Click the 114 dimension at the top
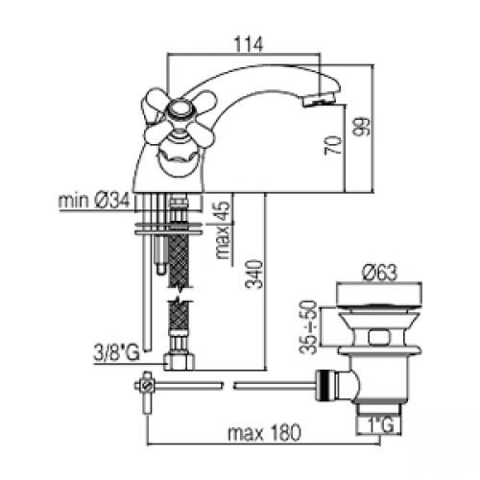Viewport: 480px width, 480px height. point(249,44)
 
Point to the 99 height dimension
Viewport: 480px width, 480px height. point(362,127)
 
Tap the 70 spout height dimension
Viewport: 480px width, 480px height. point(333,146)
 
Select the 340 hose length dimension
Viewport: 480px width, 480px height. point(254,274)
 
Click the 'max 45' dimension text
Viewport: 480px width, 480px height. point(223,229)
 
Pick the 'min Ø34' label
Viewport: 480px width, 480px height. point(94,201)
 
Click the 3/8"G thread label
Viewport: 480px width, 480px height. point(116,353)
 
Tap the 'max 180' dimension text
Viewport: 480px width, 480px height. point(264,433)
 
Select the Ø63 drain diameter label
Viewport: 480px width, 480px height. point(379,273)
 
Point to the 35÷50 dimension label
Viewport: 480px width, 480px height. point(308,327)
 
